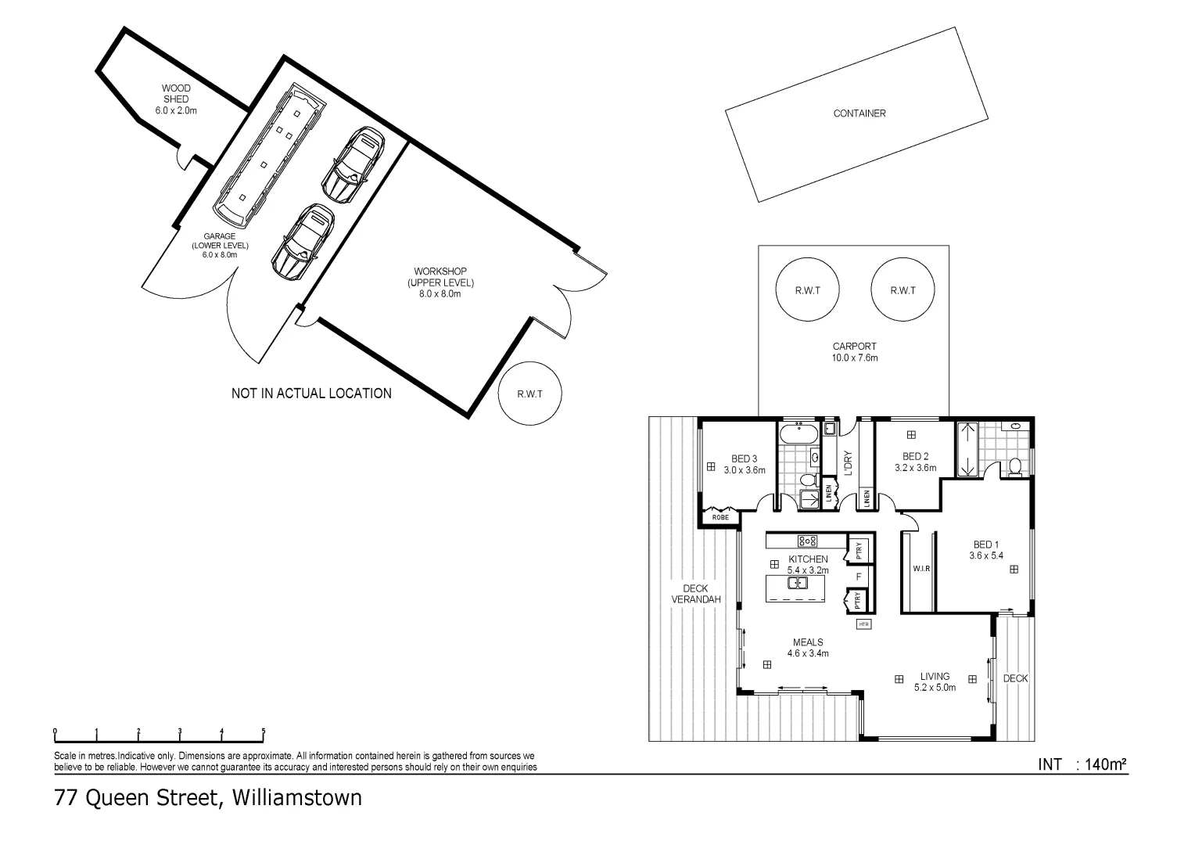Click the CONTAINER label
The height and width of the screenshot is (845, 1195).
[859, 113]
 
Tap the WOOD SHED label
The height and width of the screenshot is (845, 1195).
[176, 99]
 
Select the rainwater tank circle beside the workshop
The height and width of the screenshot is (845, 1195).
[529, 394]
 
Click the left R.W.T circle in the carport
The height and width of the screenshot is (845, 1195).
[807, 289]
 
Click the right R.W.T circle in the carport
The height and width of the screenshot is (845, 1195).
[903, 289]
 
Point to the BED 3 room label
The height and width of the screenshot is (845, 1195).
[744, 459]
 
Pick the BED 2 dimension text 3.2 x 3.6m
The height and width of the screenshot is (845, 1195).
[915, 468]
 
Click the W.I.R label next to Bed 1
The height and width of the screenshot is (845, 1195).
[921, 569]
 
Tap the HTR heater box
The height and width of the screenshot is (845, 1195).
[863, 624]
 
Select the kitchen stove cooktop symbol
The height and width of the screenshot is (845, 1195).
[807, 541]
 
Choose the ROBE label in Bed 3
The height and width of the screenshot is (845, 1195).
[720, 518]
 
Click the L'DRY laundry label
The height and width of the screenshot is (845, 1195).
[848, 462]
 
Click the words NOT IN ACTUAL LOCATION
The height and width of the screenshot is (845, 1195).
[311, 394]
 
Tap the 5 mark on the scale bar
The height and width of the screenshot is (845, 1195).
[264, 732]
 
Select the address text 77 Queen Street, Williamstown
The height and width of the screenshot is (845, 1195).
[208, 798]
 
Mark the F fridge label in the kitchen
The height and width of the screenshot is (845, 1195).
[858, 577]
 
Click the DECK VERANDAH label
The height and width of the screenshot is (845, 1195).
[695, 594]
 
